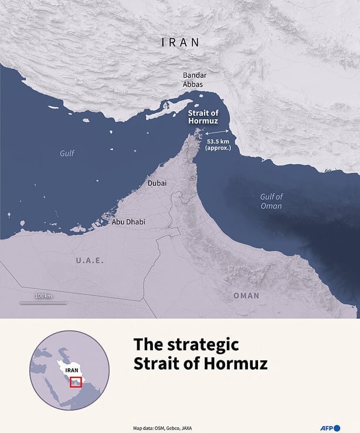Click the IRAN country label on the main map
181,42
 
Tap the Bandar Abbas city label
193,80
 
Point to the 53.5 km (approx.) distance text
218,144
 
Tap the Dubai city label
157,183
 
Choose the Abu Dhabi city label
128,222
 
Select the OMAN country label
246,296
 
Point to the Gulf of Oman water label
271,201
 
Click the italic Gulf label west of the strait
67,153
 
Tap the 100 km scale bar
43,302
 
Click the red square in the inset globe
76,383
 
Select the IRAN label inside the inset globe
72,371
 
